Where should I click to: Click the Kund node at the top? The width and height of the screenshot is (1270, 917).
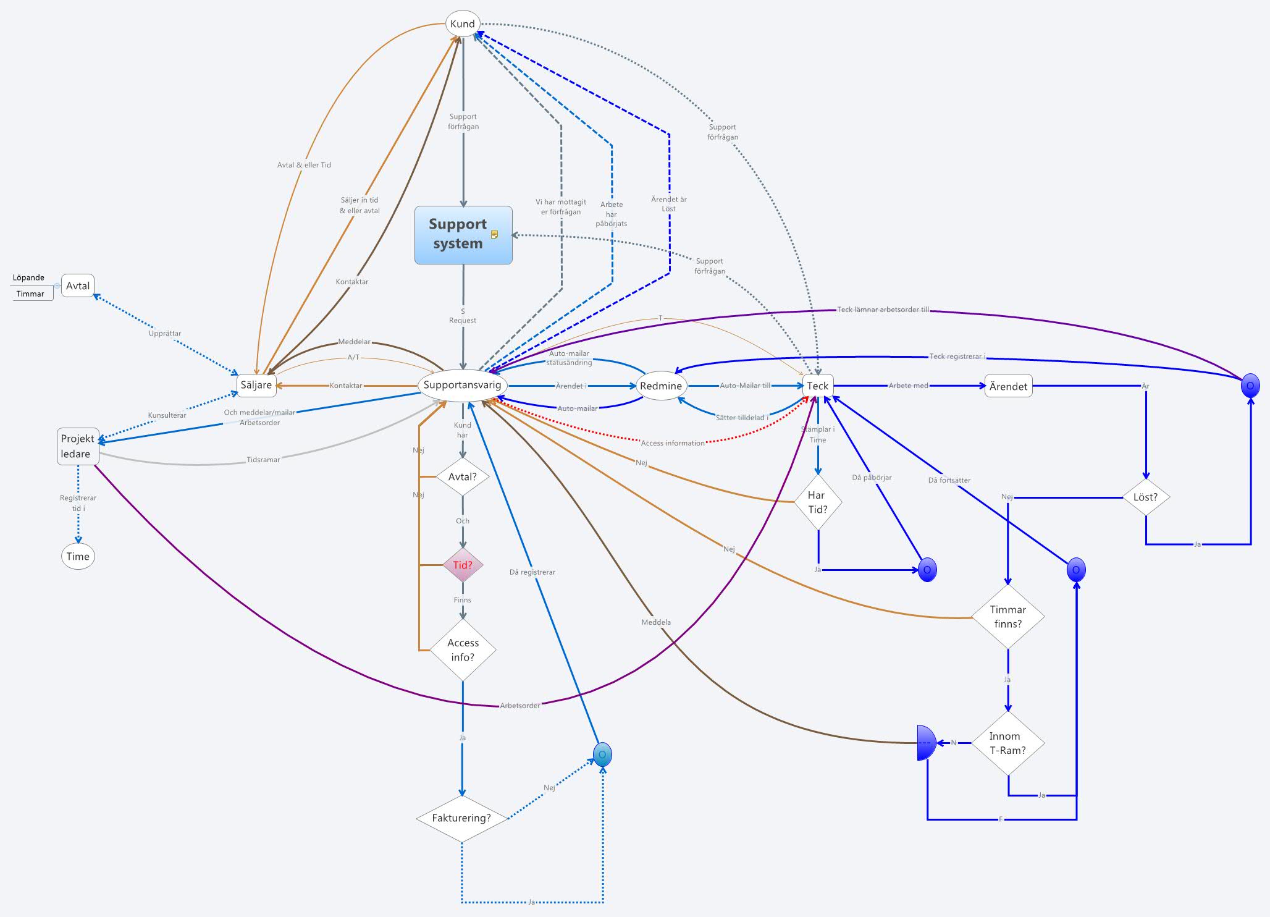point(463,23)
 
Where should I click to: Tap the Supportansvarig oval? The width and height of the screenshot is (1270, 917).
point(462,385)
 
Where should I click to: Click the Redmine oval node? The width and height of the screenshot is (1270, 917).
point(661,386)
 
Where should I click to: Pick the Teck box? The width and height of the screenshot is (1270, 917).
point(818,386)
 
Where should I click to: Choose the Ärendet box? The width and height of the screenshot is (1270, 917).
point(1008,386)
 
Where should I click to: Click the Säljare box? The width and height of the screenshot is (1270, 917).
point(256,385)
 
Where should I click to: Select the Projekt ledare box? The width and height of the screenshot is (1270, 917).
point(78,446)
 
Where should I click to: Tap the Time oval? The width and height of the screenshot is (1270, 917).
point(78,556)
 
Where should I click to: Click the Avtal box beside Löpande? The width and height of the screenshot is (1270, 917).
point(78,286)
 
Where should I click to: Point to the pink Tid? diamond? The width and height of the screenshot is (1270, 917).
point(463,565)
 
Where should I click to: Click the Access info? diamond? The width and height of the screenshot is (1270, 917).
point(463,649)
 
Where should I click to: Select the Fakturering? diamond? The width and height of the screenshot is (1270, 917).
point(461,818)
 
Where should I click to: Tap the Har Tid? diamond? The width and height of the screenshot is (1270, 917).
point(818,502)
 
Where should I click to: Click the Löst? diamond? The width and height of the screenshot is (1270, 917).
point(1145,497)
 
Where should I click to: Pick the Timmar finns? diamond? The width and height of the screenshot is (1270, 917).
point(1008,616)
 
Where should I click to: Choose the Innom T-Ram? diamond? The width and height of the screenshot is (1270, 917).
point(1008,743)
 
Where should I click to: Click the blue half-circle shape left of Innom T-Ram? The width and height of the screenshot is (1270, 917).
point(926,743)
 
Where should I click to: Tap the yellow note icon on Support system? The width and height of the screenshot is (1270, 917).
point(494,234)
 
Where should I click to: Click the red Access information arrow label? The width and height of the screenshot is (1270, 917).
point(673,443)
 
